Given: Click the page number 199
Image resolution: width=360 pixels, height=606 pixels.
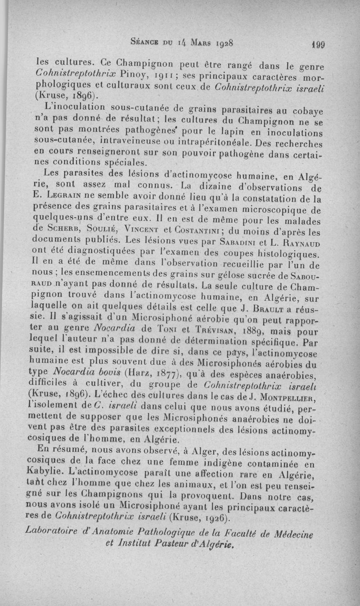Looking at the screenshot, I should point(323,45).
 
